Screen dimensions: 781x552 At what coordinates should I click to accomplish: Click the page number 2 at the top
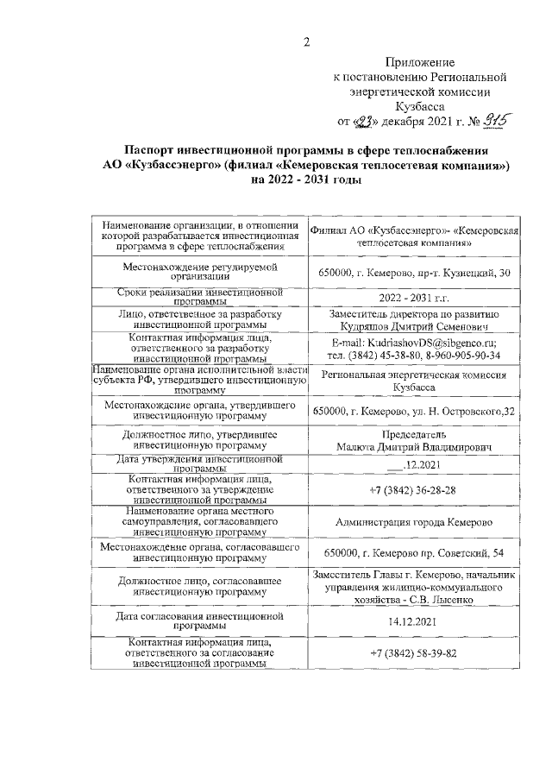[x=306, y=44]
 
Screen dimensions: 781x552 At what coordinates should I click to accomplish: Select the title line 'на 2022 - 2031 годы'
[x=305, y=180]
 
